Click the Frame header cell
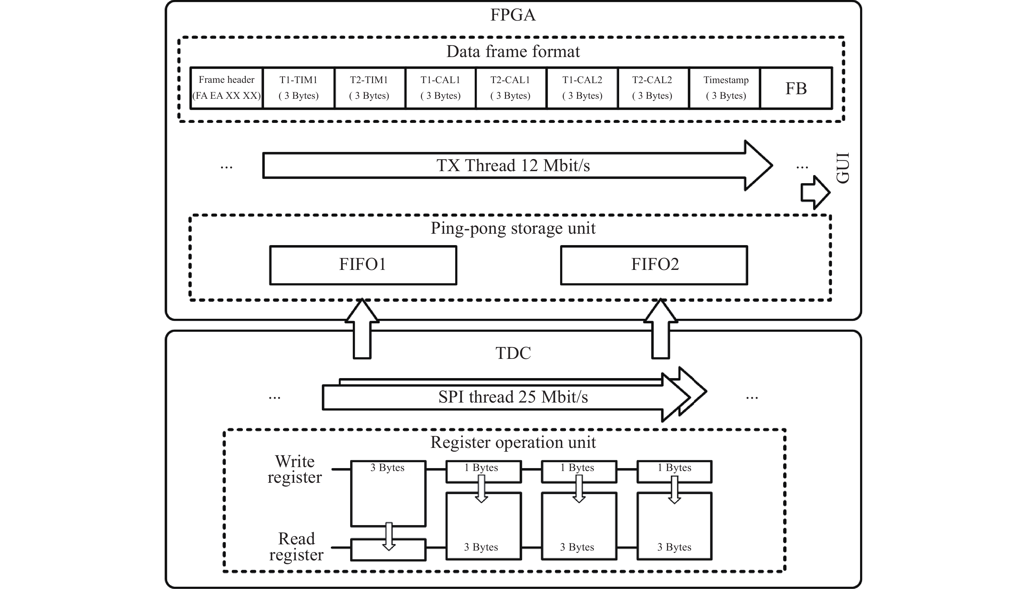coord(227,88)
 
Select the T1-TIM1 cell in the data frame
coord(299,88)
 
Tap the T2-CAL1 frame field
coord(511,88)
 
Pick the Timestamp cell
coord(726,88)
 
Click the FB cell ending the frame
coord(796,88)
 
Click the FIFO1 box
coord(363,265)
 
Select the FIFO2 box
coord(654,265)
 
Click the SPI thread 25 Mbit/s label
coord(513,397)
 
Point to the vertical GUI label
coord(843,168)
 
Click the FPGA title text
coord(513,15)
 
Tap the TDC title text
coord(513,353)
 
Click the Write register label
coord(295,469)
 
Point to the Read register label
coord(296,547)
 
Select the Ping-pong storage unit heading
coord(513,228)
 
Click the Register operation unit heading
coord(513,442)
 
